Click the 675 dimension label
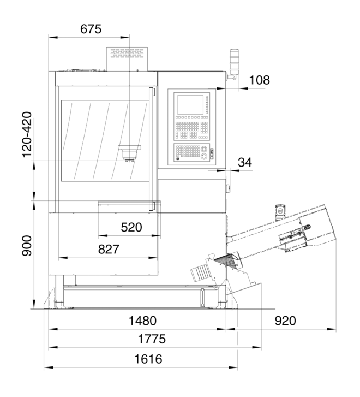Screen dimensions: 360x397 pos(91,29)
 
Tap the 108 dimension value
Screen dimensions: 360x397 pos(260,80)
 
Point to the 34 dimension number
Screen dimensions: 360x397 pos(245,162)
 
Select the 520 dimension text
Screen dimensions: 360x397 pos(131,227)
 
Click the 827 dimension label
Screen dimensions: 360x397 pos(109,249)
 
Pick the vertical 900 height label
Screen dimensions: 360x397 pos(27,246)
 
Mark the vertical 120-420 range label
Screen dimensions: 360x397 pos(27,135)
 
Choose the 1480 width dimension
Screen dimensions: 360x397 pos(143,321)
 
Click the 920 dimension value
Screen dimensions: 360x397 pos(285,321)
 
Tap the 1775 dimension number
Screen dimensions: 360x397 pos(152,339)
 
